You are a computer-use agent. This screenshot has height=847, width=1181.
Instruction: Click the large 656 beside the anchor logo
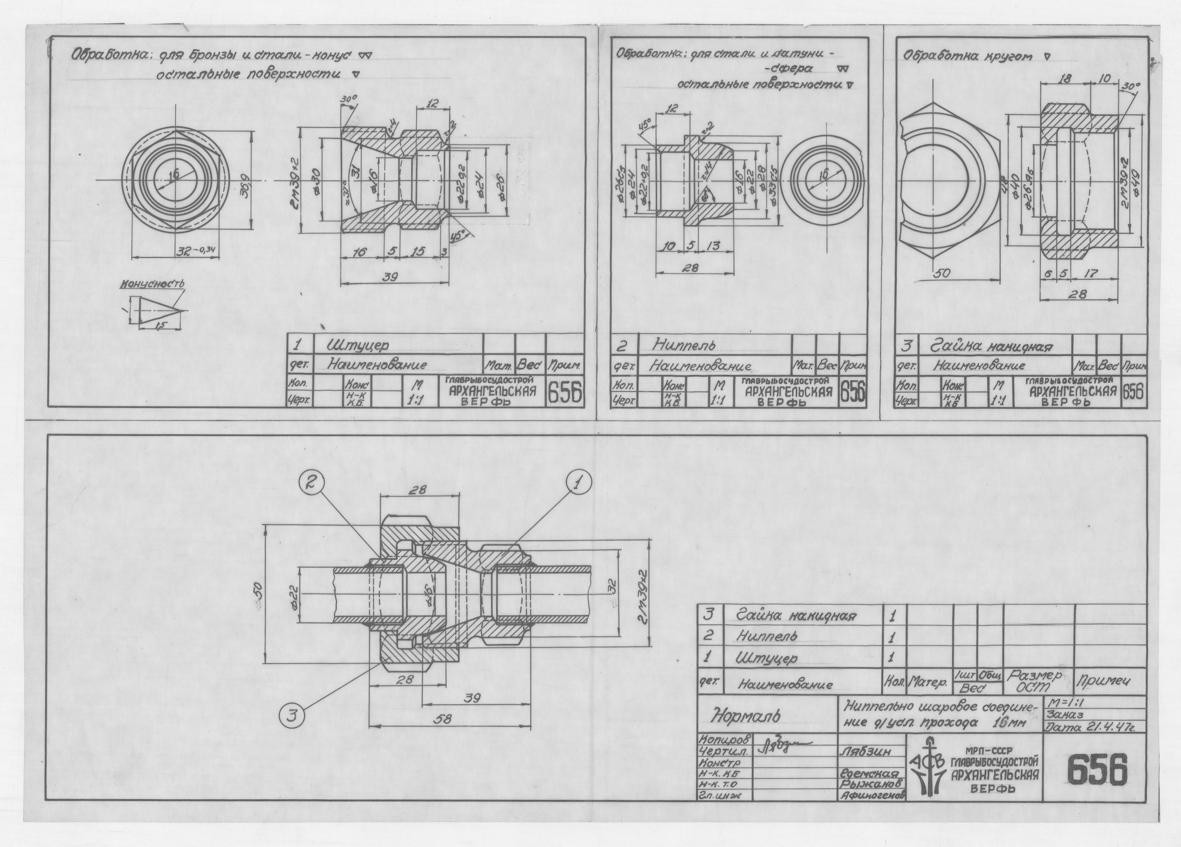tap(1096, 770)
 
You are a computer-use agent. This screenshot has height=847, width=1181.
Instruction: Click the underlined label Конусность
tap(152, 284)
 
